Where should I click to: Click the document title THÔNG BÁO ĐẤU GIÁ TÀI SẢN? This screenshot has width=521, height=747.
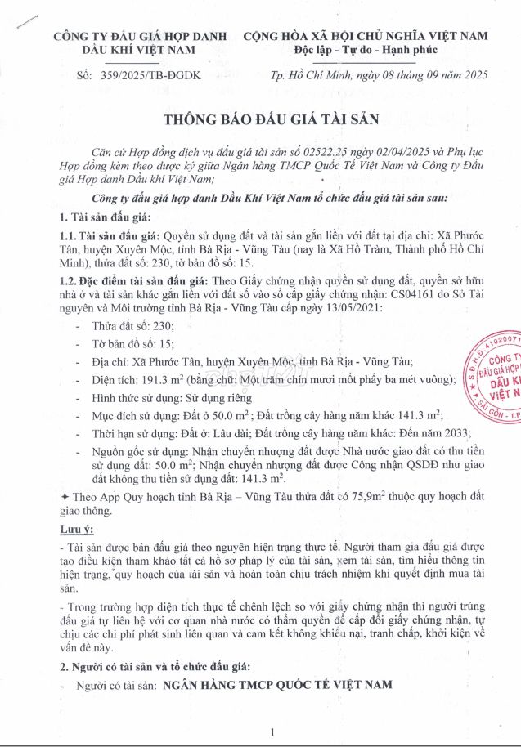coord(260,119)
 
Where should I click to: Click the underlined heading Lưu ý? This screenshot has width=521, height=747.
coord(75,530)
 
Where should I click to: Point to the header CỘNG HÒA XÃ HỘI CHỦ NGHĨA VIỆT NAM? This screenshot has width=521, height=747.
coord(366,36)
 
